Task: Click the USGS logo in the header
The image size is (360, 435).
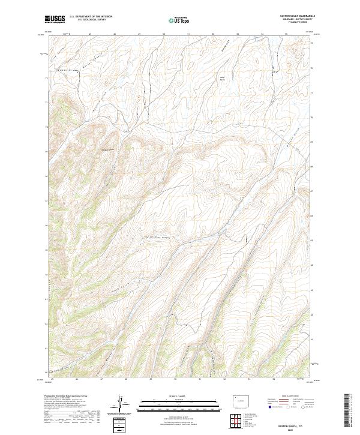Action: coord(55,19)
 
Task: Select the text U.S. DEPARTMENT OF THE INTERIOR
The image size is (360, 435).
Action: coord(91,17)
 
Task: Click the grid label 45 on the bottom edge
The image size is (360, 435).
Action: coord(53,379)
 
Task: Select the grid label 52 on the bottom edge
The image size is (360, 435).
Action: coord(224,379)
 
